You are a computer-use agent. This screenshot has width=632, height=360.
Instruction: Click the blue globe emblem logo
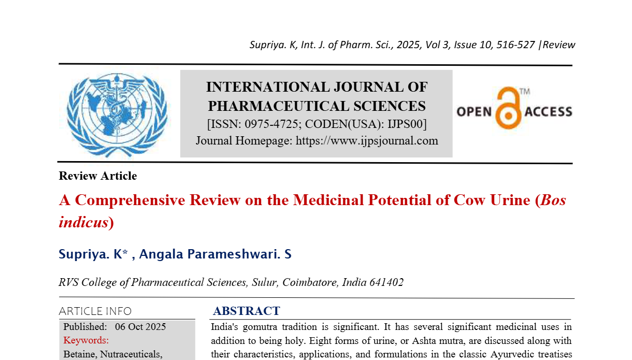[117, 113]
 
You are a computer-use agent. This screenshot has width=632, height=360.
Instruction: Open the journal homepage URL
[367, 141]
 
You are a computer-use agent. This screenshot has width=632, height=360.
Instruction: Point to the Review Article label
[98, 176]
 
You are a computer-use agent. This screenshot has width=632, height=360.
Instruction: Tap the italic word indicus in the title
[83, 222]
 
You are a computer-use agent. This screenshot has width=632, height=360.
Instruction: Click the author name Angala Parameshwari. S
[216, 254]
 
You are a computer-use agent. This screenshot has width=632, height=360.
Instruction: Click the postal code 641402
[385, 282]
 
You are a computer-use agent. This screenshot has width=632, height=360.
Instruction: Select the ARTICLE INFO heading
[95, 311]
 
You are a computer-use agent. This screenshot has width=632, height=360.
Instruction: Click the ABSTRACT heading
[247, 311]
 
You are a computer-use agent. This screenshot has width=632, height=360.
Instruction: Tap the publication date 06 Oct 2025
[140, 327]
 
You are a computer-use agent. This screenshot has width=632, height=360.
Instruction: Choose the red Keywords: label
[86, 340]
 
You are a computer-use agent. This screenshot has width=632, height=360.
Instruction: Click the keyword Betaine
[80, 354]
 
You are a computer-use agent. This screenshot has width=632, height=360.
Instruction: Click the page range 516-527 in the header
[515, 45]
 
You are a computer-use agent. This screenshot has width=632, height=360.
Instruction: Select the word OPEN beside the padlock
[473, 111]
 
